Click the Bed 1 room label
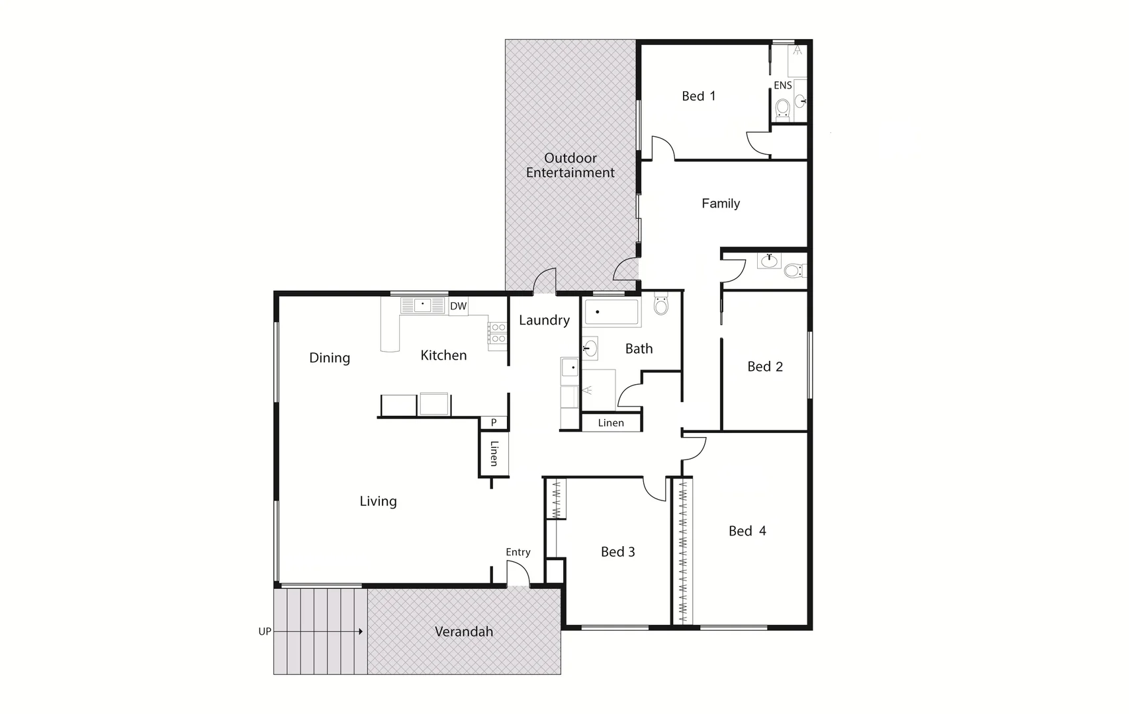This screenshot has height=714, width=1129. pos(698,97)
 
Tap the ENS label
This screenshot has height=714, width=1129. pos(783,85)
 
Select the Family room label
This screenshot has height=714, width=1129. pos(720,204)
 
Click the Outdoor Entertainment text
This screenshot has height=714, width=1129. pos(570,165)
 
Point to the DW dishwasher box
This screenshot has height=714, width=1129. pos(458,306)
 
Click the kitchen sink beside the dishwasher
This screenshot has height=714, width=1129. pos(422,305)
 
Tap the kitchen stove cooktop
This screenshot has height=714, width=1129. pos(498,333)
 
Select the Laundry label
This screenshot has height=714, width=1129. pos(544,321)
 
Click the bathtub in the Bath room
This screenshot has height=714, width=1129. pos(612,313)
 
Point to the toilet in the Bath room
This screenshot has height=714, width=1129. pos(661,305)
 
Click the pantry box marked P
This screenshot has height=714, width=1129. pos(494,423)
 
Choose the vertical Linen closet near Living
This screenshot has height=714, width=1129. pos(494,454)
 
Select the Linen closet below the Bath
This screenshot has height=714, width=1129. pos(611,423)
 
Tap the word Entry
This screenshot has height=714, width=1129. pos(518,552)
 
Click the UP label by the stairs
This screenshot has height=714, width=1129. pos(265,631)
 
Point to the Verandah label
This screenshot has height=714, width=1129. pos(464,632)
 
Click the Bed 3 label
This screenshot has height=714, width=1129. pos(617,552)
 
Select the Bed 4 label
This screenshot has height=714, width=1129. pos(747,531)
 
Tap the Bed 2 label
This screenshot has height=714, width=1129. pos(765,367)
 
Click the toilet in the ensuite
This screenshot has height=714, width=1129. pos(783,108)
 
